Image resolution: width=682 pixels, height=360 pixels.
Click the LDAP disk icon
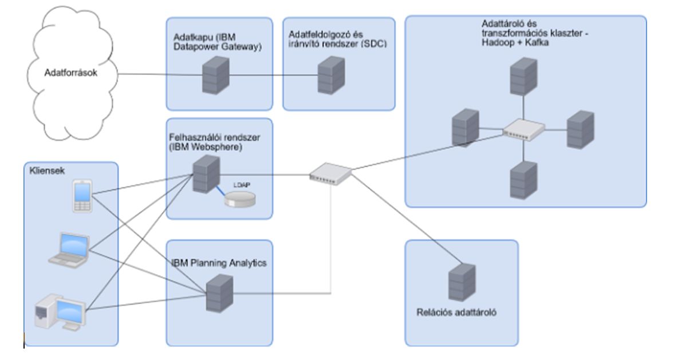click(239, 200)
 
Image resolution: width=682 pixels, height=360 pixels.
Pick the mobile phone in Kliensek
click(82, 196)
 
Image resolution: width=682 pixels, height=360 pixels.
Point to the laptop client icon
click(69, 251)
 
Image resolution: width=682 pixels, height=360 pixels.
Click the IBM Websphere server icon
click(204, 175)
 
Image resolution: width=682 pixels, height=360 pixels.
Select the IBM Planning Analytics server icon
click(219, 292)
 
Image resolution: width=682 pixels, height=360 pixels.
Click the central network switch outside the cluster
click(330, 172)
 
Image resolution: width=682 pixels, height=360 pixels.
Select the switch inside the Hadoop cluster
click(523, 130)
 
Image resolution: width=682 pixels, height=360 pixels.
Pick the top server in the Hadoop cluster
click(523, 77)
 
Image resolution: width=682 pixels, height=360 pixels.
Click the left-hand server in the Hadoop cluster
click(464, 128)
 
